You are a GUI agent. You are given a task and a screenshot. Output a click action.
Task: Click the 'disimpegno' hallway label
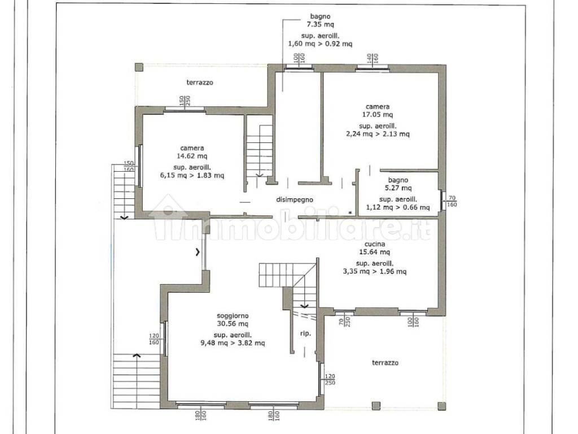click(295, 199)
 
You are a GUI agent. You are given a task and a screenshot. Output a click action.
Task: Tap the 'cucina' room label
click(375, 244)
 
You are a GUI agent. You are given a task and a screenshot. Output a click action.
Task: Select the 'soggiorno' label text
click(233, 316)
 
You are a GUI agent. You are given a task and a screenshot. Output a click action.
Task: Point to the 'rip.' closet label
click(305, 333)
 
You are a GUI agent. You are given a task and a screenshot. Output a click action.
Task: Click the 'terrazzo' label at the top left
click(199, 83)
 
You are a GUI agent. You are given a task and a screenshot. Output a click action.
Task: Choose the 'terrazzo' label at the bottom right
click(385, 363)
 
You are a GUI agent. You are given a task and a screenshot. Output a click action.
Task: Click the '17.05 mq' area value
click(378, 115)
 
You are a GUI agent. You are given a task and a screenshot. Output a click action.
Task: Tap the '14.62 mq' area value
click(192, 156)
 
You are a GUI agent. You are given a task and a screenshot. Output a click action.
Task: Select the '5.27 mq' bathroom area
click(398, 188)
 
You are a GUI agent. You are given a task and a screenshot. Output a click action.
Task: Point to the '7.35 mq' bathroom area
click(321, 24)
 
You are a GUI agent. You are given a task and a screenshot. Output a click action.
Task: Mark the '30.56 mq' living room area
click(233, 324)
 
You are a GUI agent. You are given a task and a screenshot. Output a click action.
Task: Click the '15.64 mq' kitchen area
click(375, 252)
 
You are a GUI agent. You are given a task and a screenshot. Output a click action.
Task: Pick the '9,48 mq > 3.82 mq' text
click(233, 343)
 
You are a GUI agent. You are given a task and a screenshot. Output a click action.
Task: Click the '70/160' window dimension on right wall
click(452, 201)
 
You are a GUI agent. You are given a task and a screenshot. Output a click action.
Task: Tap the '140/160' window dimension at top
click(372, 58)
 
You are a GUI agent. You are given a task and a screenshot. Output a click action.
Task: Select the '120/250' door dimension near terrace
click(330, 380)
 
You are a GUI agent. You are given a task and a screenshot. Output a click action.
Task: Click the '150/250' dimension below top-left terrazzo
click(185, 101)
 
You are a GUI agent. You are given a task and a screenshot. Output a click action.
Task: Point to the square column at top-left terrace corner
click(139, 68)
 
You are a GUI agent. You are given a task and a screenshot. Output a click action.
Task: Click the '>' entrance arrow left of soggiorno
click(198, 252)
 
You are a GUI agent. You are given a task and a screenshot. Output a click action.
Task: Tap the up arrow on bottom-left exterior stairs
click(137, 355)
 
